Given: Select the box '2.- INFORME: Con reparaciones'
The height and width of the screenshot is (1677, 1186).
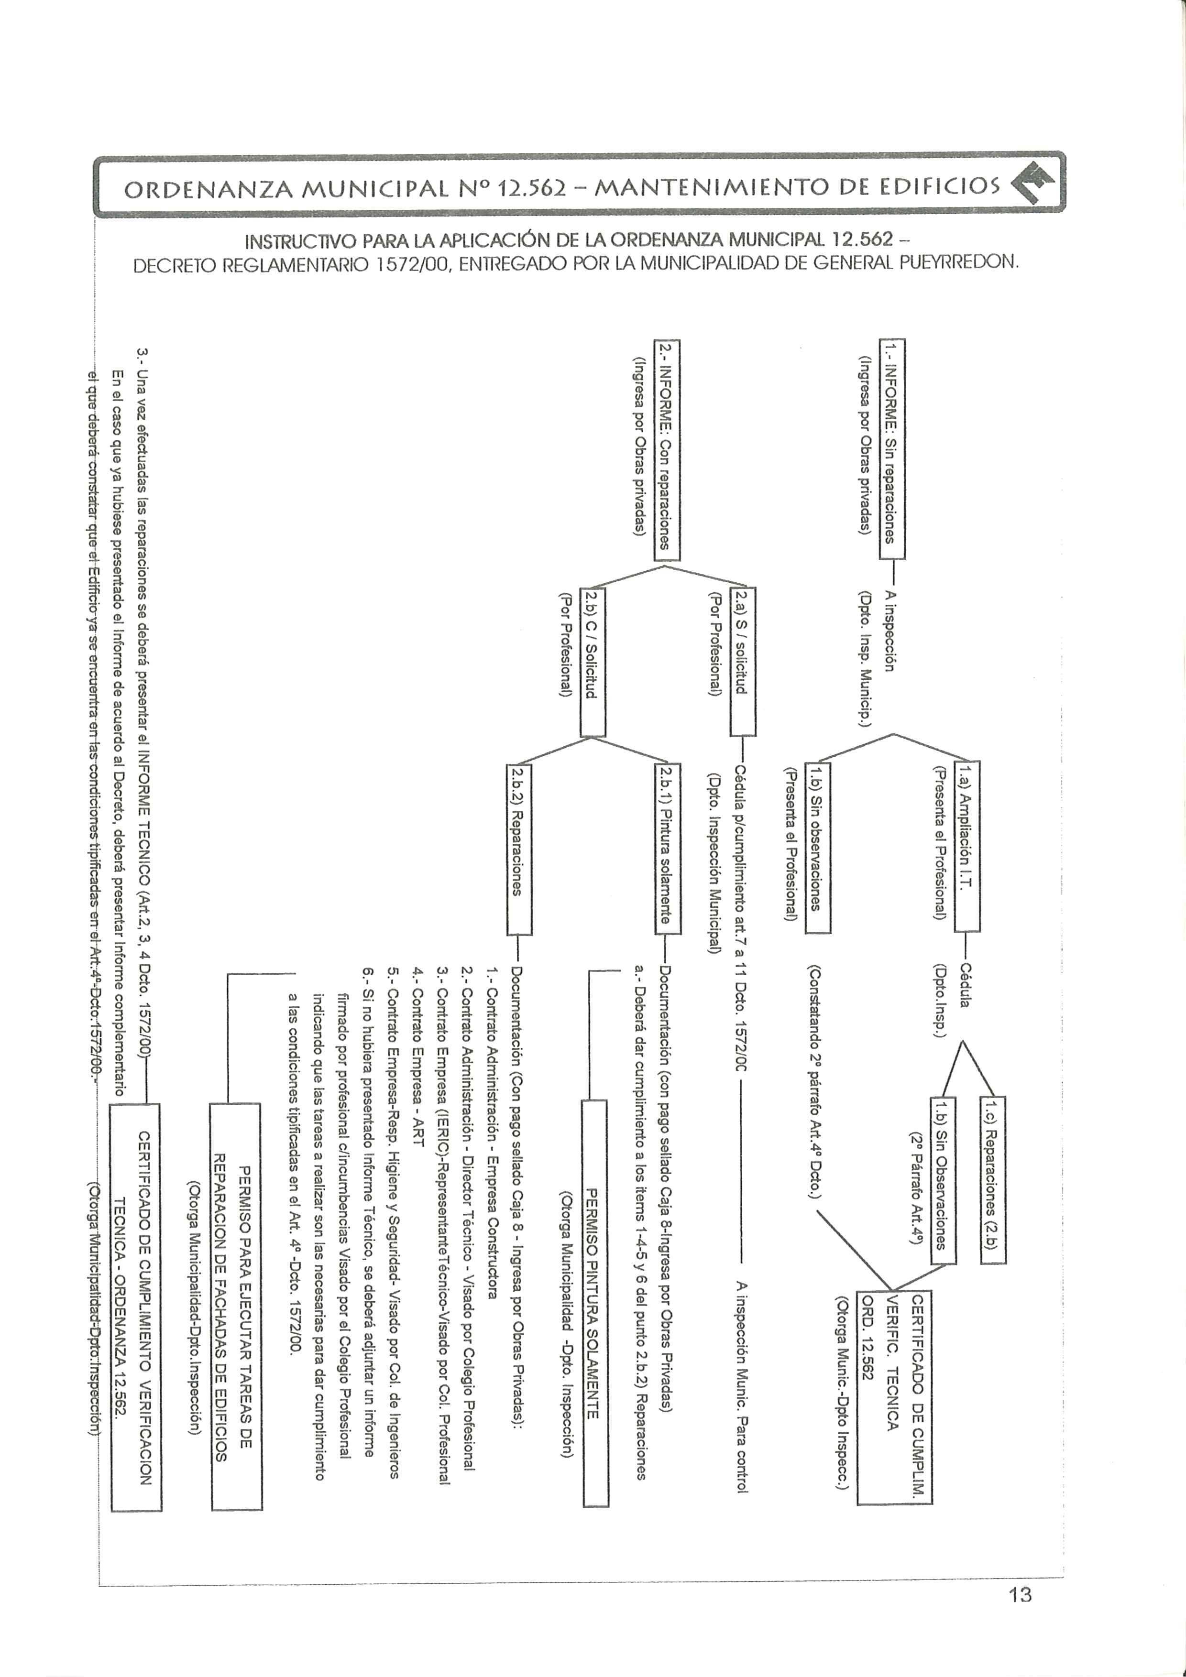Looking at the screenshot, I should pos(667,450).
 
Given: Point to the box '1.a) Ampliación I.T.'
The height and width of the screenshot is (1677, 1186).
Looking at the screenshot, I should pos(967,847).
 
